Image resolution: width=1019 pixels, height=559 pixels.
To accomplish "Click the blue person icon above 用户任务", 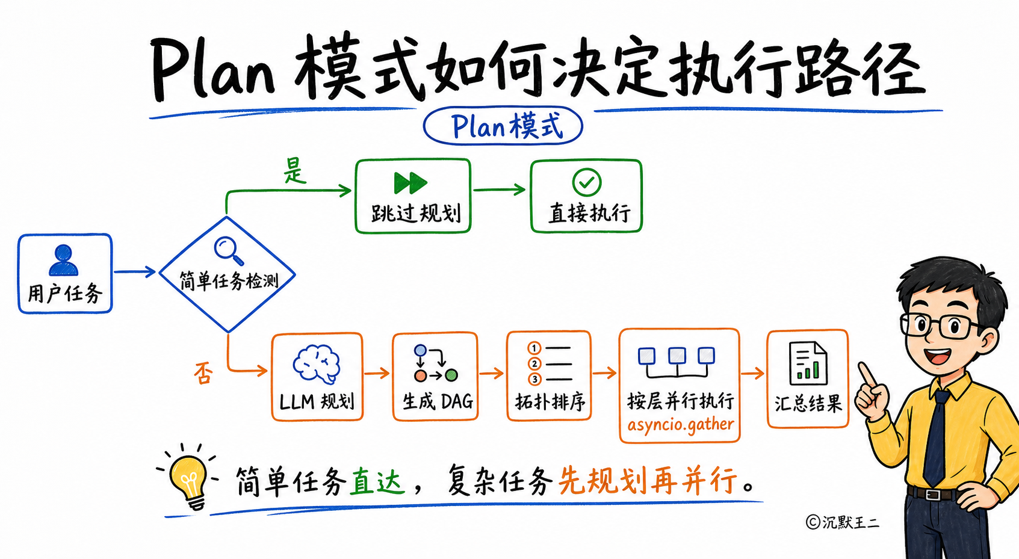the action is tap(63, 260).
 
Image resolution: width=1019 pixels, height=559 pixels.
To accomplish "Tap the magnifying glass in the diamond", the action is tap(228, 251).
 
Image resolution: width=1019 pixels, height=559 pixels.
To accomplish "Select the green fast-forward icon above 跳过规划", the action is tap(410, 183).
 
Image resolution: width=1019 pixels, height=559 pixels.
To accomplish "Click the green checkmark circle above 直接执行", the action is tap(586, 182).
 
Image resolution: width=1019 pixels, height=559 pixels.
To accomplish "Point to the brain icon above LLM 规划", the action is tap(317, 364).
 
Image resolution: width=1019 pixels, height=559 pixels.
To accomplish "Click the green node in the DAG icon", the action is tap(451, 375).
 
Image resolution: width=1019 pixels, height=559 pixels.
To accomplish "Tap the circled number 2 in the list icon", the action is tap(534, 364).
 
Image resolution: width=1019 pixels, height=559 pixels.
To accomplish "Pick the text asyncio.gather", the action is tap(681, 424).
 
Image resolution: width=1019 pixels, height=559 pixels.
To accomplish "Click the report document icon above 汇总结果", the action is tap(808, 363).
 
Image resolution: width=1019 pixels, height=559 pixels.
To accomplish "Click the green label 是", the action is tap(295, 170).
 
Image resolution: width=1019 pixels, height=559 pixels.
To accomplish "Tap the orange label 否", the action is tap(203, 373).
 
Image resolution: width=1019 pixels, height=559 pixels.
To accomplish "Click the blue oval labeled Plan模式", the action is tap(503, 126).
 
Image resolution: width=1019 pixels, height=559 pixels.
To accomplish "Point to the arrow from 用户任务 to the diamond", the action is tap(135, 272).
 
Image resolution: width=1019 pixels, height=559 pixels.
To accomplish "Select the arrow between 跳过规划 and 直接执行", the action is tap(500, 189).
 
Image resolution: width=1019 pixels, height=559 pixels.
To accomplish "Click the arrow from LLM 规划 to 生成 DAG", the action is tap(377, 374).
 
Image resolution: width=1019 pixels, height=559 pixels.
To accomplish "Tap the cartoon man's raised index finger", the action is tap(867, 374).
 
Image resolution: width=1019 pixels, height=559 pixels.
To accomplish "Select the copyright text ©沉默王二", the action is tap(843, 522).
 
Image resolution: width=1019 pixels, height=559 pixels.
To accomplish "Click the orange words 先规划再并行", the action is tap(648, 480).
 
